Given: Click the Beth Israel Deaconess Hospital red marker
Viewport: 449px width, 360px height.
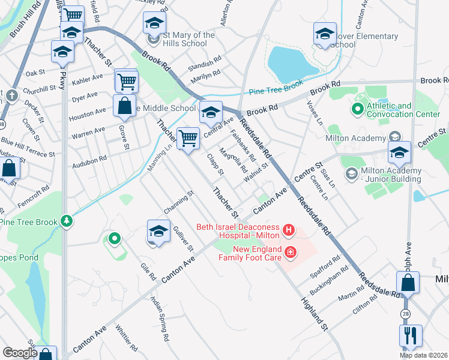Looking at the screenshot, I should (x=289, y=229).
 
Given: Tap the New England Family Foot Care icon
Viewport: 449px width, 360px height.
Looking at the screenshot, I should (x=291, y=251).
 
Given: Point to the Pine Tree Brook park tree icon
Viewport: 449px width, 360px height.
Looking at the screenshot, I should (x=70, y=221).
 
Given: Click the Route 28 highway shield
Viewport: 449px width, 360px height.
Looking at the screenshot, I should (x=406, y=314).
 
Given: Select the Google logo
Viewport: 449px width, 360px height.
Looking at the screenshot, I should (x=20, y=353).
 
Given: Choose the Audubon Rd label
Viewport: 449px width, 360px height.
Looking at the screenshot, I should (x=94, y=159).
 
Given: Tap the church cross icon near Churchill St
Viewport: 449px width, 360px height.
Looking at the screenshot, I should (x=11, y=95).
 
